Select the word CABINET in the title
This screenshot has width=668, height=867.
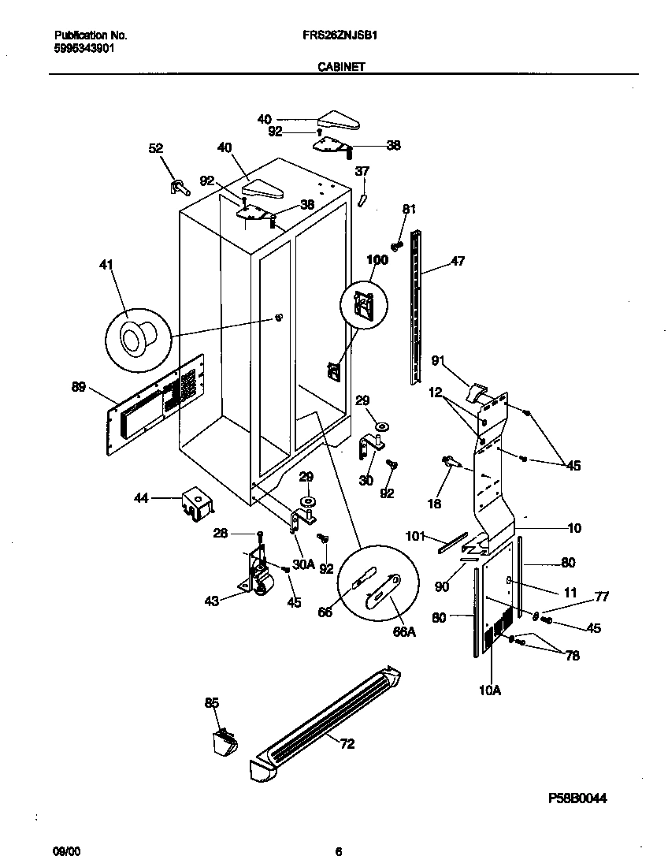pyautogui.click(x=340, y=68)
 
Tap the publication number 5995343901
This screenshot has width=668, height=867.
pyautogui.click(x=84, y=47)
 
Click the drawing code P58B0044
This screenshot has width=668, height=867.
pyautogui.click(x=577, y=798)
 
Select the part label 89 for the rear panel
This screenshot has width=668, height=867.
pyautogui.click(x=79, y=386)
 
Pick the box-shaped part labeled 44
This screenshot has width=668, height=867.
pyautogui.click(x=195, y=503)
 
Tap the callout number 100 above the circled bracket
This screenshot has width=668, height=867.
pyautogui.click(x=377, y=259)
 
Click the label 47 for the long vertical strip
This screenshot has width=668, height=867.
pyautogui.click(x=457, y=262)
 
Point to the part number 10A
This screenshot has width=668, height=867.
pyautogui.click(x=491, y=690)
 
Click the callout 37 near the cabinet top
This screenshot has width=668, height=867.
pyautogui.click(x=362, y=171)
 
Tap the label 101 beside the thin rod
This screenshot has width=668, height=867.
pyautogui.click(x=415, y=538)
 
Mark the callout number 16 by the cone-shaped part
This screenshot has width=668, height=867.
pyautogui.click(x=434, y=504)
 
